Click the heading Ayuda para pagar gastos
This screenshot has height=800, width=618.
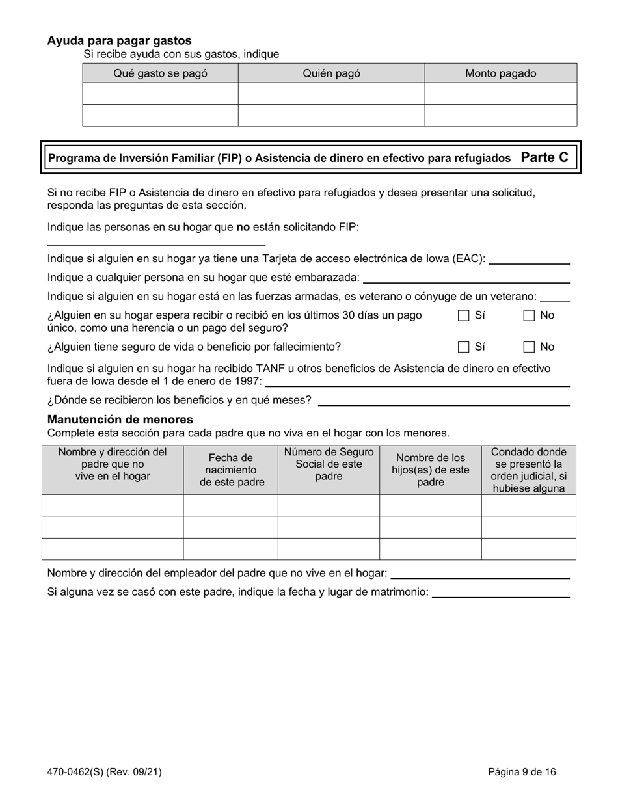(x=119, y=41)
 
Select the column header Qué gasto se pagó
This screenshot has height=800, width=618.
(x=160, y=73)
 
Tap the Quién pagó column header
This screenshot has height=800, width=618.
(x=331, y=73)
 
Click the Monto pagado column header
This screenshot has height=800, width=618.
(x=500, y=73)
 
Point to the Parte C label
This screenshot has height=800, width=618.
(x=544, y=157)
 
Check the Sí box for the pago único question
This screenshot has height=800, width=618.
(x=464, y=315)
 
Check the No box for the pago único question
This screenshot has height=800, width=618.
(x=530, y=315)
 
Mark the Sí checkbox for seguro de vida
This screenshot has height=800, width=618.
(x=464, y=347)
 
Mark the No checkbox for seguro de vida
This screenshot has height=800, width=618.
(x=530, y=347)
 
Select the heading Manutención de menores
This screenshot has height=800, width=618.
(x=120, y=420)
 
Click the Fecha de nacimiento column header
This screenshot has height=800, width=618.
(x=231, y=470)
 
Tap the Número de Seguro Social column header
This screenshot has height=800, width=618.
(x=329, y=464)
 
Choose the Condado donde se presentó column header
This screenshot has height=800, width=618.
(x=528, y=470)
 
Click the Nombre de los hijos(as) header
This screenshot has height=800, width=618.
(x=430, y=470)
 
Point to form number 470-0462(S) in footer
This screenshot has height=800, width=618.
(x=104, y=772)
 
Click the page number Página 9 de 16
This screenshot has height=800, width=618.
(x=522, y=772)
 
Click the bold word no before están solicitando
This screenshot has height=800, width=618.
(x=243, y=227)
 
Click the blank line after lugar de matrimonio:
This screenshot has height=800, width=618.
(x=501, y=594)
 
